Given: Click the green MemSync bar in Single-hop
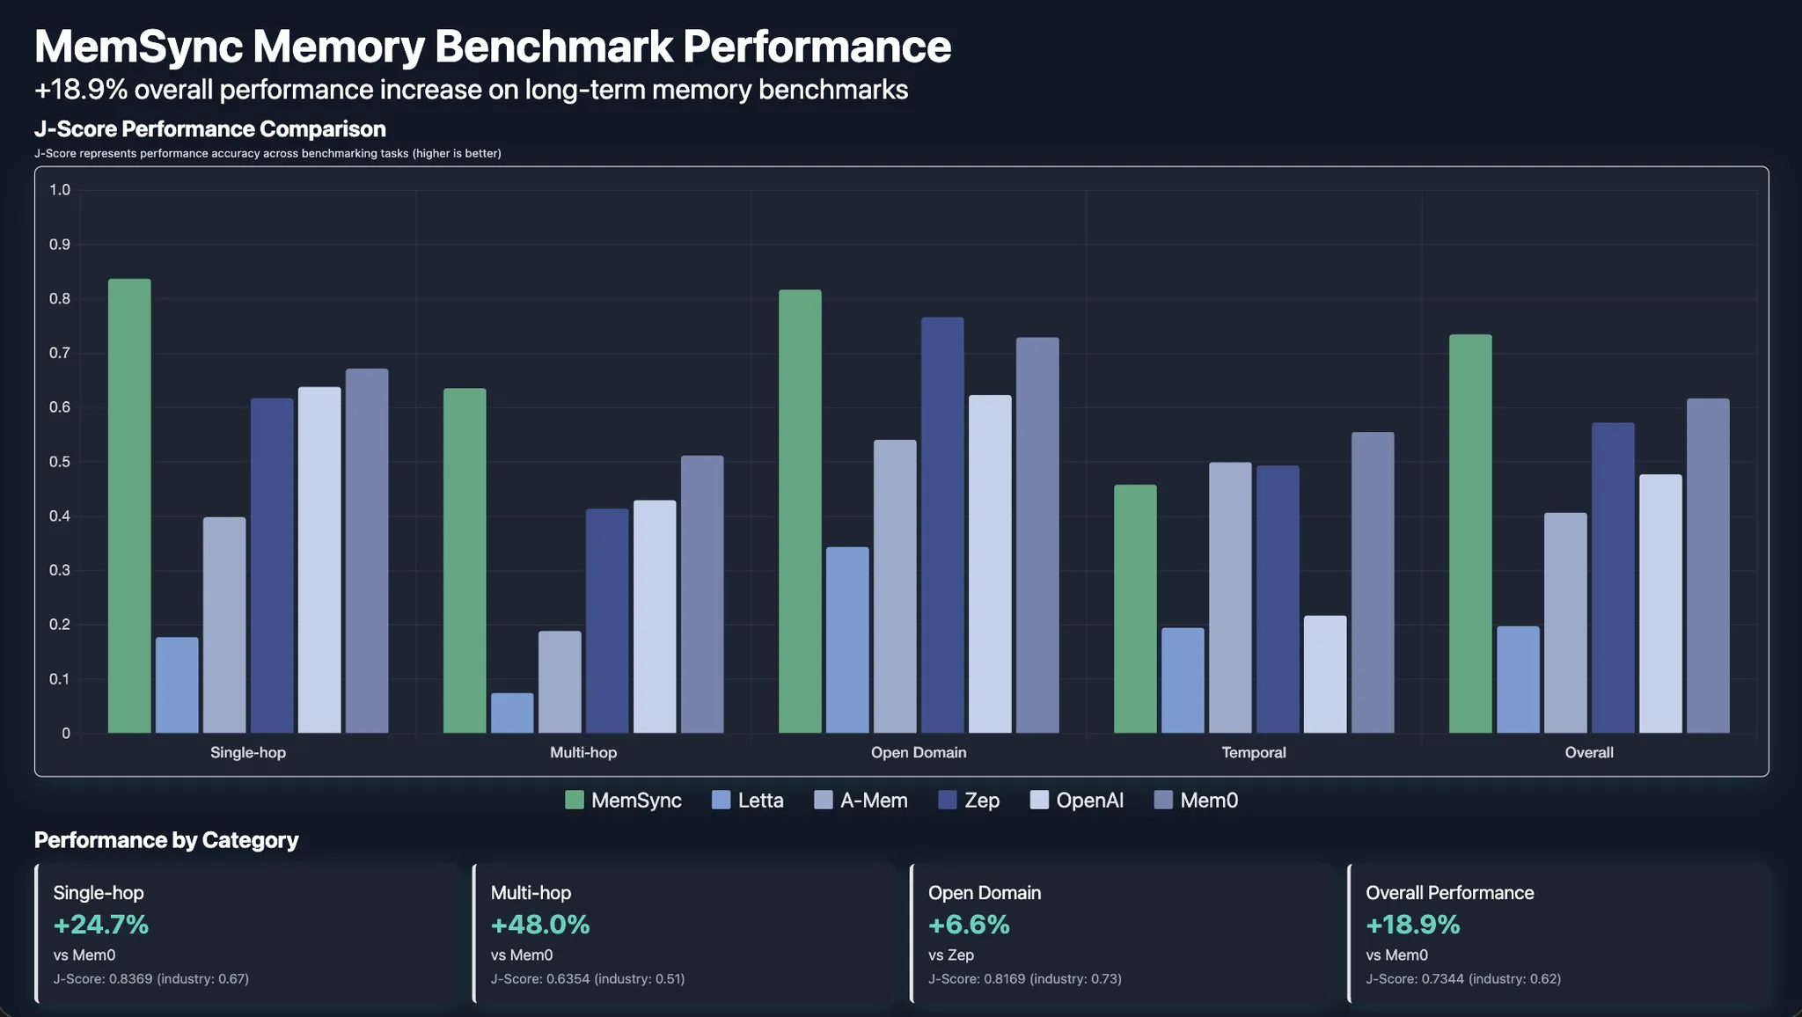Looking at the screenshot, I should click(129, 506).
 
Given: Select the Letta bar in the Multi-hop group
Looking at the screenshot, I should click(512, 713).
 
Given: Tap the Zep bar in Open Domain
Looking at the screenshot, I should click(942, 525).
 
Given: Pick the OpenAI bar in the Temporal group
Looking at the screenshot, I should click(1325, 674).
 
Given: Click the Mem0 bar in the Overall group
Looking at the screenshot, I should click(1708, 566).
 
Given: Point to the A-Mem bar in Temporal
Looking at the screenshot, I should click(1230, 597).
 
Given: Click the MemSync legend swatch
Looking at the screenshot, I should click(575, 800).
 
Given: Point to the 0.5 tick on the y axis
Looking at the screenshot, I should click(60, 462).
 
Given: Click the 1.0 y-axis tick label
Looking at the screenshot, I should click(60, 190).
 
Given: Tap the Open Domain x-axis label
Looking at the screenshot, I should click(919, 752).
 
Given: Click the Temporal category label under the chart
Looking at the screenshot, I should click(1254, 752).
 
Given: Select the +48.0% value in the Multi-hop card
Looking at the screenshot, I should click(540, 925).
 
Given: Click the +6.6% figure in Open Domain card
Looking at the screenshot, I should click(969, 925).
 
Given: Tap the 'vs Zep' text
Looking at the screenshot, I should click(951, 955).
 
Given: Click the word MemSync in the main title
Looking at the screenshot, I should click(138, 46).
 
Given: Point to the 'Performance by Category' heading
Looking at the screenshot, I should click(166, 839).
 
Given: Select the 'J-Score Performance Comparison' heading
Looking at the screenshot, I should click(210, 128).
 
